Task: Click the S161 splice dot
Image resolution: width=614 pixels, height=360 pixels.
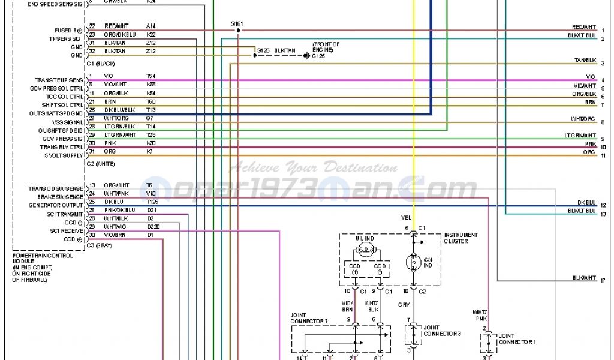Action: (238, 30)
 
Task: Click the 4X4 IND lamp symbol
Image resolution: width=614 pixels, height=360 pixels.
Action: (414, 262)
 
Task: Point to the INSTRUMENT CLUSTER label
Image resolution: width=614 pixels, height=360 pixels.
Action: (461, 238)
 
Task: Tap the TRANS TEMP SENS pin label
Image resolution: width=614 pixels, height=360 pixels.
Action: (59, 80)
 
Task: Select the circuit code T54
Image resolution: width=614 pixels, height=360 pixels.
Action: (151, 76)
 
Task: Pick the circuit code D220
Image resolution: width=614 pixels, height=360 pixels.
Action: (153, 226)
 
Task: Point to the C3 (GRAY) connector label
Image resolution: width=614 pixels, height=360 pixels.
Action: (101, 246)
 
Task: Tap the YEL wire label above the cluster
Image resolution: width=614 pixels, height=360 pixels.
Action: (405, 217)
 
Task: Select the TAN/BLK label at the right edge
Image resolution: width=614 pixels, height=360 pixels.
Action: (585, 61)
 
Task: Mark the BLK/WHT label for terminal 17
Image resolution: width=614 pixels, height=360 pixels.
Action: (585, 278)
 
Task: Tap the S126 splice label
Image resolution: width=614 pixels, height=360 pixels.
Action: (263, 50)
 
